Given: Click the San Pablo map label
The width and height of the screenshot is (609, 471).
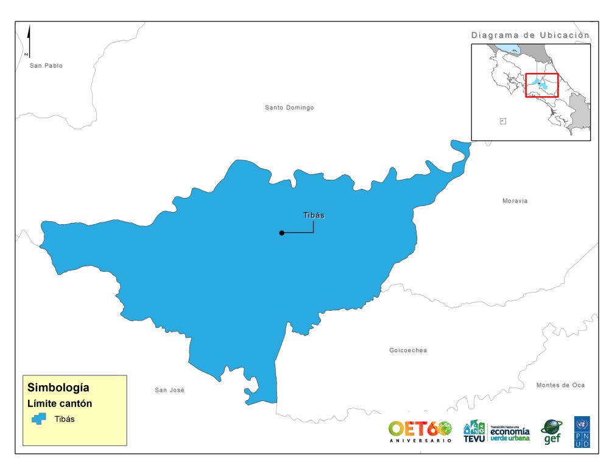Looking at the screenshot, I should pos(46,65).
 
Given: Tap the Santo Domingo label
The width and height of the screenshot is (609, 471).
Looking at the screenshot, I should pos(289,108).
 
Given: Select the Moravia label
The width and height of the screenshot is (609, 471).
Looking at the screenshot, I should pos(515,201).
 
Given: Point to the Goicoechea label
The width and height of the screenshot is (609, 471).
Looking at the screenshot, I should pos(408,350).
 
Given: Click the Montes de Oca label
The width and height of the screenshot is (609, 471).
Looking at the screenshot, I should pos(560,385).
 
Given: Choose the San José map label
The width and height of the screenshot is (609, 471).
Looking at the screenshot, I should pos(169,390).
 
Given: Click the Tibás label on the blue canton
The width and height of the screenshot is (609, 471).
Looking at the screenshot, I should pos(314,215).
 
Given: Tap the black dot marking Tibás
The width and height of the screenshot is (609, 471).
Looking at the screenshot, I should pos(281,233).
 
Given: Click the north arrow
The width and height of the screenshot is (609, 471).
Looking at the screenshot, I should pos(29,41).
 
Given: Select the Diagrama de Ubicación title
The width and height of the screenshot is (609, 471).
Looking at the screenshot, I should pos(530,35).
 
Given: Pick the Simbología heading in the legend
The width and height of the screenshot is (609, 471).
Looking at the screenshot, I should pos(58,388).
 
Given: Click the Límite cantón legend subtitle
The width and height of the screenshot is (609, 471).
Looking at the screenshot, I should pos(60,403).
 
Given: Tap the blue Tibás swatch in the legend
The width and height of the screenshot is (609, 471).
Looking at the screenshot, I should pos(40,419).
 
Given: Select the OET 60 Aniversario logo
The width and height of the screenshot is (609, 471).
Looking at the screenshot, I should pos(420,431).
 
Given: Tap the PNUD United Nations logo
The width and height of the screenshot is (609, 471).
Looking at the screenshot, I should pos(582,432).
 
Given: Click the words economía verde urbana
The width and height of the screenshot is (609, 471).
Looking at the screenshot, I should pos(510,433).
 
